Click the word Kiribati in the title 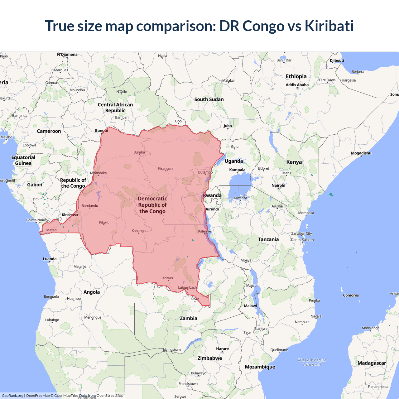click(x=329, y=26)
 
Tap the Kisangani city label click(x=166, y=169)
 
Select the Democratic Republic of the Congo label click(x=152, y=205)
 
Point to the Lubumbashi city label click(x=187, y=287)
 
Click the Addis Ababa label click(x=297, y=85)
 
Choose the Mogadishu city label click(x=361, y=153)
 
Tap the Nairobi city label click(x=278, y=185)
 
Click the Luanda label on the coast click(x=50, y=259)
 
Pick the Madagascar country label click(x=372, y=363)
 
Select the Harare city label click(x=222, y=349)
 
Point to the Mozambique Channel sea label click(x=312, y=362)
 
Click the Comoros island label click(x=351, y=295)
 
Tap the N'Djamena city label click(x=67, y=55)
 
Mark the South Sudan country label click(x=209, y=99)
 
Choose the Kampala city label click(x=237, y=170)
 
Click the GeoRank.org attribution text click(x=12, y=396)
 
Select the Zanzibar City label click(x=301, y=233)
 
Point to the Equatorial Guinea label click(x=23, y=160)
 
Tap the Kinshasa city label click(x=70, y=215)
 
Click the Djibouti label click(x=337, y=60)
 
